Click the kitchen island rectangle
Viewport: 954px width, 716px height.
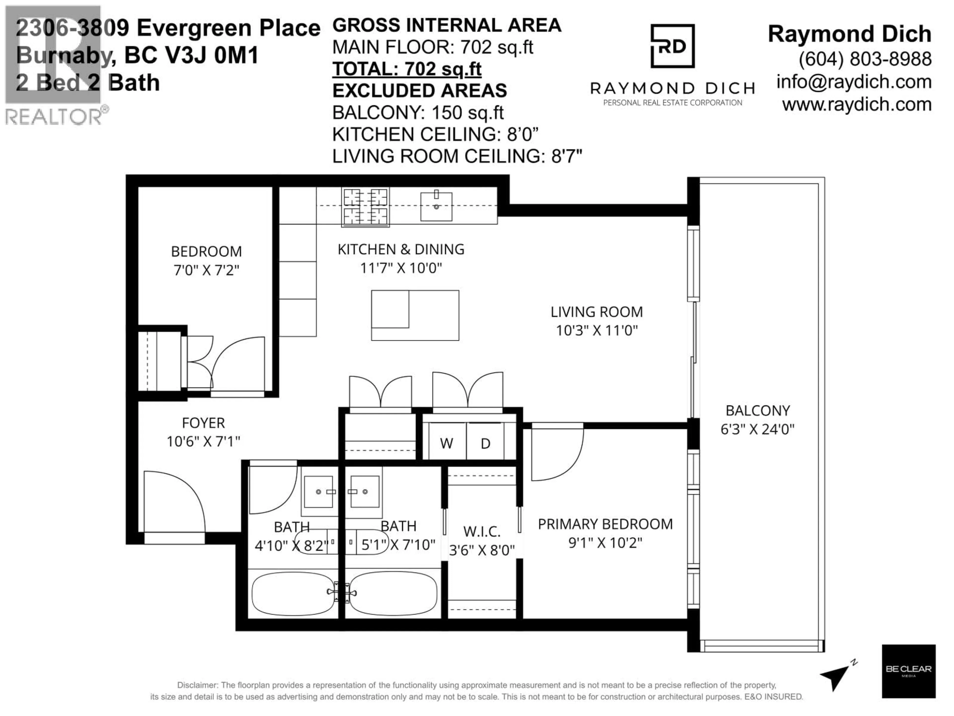(415, 315)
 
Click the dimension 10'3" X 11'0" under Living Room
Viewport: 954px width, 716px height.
(596, 331)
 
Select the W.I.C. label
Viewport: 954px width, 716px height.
(482, 532)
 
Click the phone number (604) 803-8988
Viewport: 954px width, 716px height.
(865, 59)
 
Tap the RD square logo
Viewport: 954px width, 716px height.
(672, 46)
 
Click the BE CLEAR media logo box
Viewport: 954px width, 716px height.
(908, 671)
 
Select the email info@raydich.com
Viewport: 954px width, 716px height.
(854, 82)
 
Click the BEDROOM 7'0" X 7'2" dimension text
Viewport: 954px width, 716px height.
(206, 270)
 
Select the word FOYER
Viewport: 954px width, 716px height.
(203, 423)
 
